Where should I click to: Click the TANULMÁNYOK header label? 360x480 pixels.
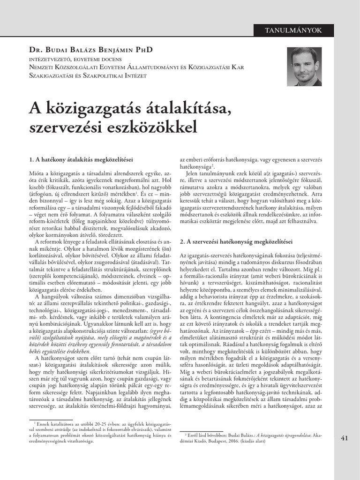coord(293,30)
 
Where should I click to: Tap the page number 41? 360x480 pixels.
coord(345,438)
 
